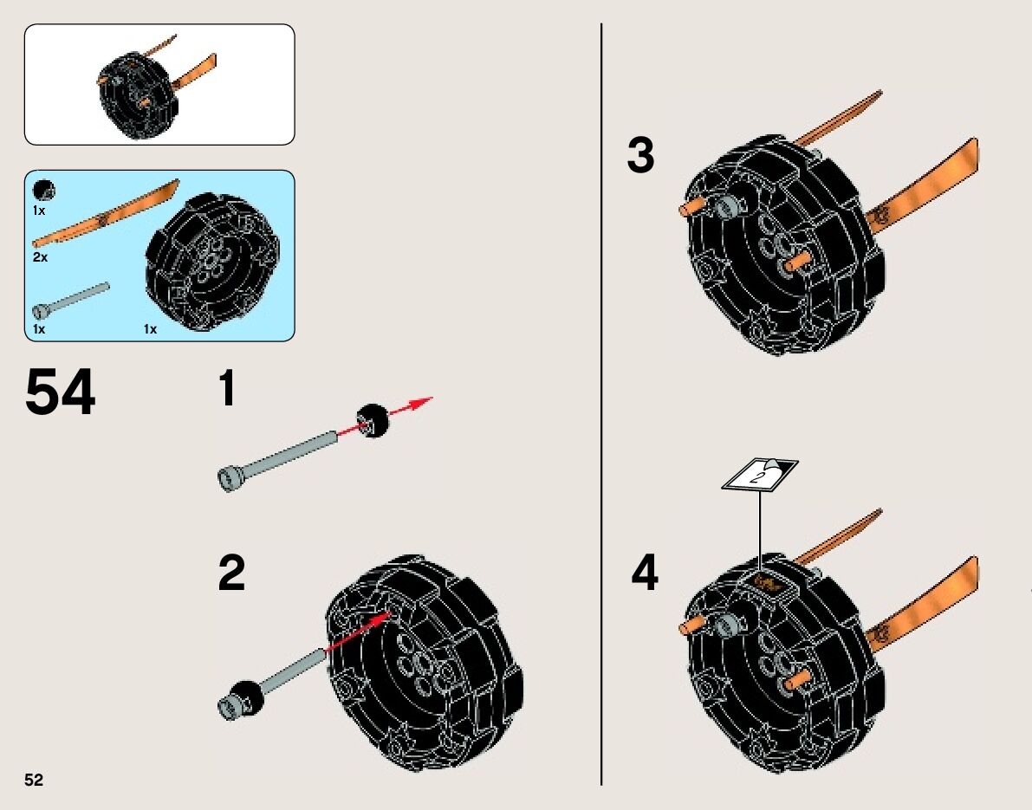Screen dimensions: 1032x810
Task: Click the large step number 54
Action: [61, 394]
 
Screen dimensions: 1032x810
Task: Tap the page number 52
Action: [34, 780]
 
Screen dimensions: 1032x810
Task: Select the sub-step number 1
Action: [226, 389]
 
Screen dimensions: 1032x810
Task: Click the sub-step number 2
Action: [231, 573]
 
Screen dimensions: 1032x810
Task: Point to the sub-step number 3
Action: [640, 157]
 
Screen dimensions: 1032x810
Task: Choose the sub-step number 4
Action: [644, 573]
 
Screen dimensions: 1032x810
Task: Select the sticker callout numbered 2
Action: [760, 474]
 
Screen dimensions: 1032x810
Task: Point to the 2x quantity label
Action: [40, 257]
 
